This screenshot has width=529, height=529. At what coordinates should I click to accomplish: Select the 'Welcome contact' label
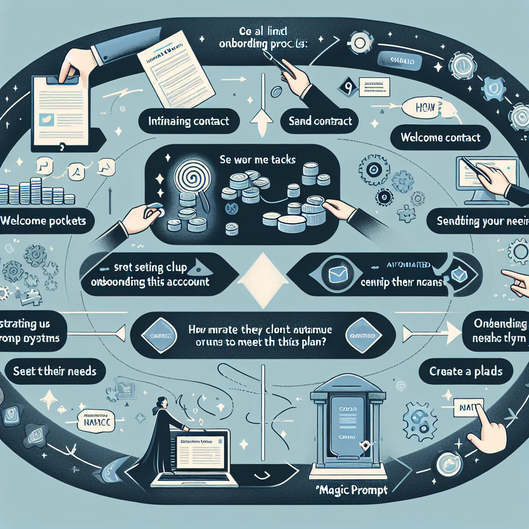[441, 138]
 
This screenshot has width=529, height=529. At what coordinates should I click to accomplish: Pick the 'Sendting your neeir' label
[481, 222]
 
